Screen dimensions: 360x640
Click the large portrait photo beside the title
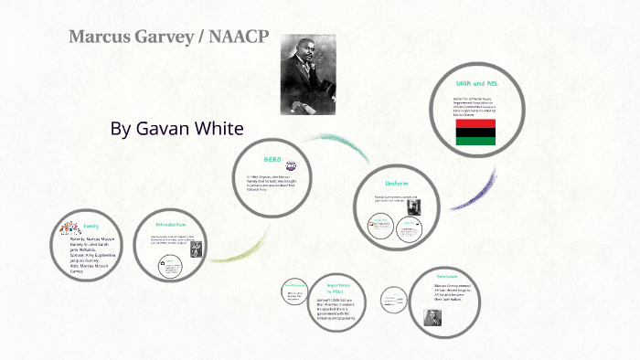tap(310, 73)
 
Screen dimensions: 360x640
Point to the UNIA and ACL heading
tap(475, 83)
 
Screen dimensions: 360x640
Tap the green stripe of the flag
tap(475, 143)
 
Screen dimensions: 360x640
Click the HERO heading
tap(272, 158)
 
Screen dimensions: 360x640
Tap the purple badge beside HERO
tap(291, 167)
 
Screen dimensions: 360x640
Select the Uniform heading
tap(396, 183)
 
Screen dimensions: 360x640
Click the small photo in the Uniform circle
tap(414, 205)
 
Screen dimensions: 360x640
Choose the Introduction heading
tap(170, 224)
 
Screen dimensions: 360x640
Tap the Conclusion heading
tap(447, 276)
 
